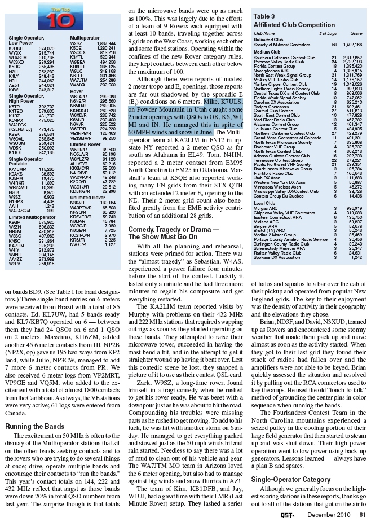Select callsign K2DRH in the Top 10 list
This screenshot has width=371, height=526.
coord(17,49)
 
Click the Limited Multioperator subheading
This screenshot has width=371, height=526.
coord(32,216)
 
